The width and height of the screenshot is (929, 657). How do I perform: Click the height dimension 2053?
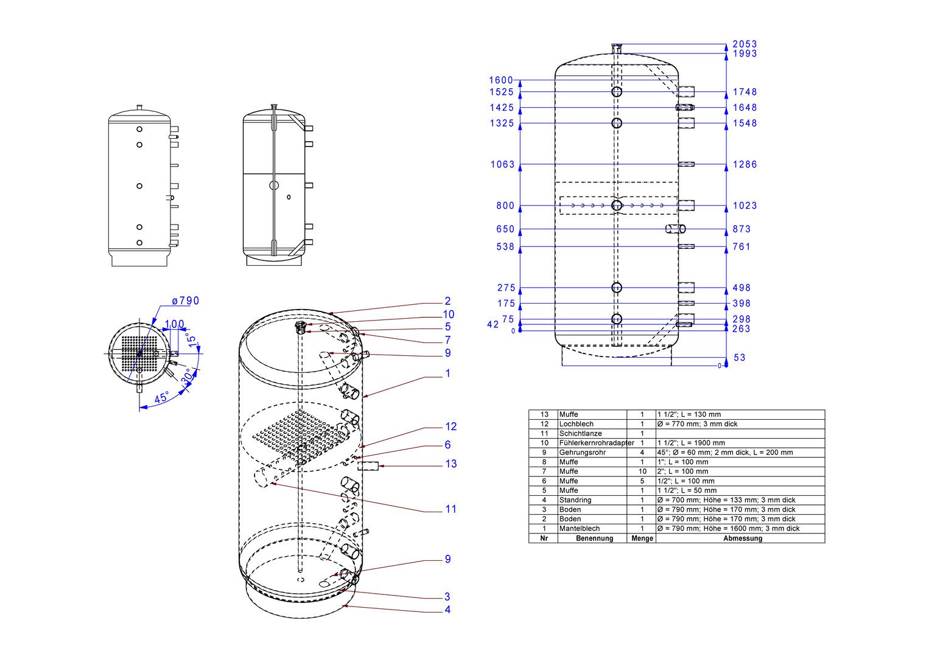[x=745, y=44]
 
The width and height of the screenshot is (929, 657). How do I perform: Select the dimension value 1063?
[x=502, y=165]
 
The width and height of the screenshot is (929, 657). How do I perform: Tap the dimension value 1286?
[x=745, y=165]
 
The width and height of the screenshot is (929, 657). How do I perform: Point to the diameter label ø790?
[x=186, y=301]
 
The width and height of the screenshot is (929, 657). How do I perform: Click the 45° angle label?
[x=162, y=397]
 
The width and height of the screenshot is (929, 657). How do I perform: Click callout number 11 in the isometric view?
[x=451, y=509]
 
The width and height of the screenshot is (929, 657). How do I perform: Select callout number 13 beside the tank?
[x=451, y=464]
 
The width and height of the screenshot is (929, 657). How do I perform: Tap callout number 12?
[x=451, y=426]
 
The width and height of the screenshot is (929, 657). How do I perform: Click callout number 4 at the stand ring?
[x=447, y=610]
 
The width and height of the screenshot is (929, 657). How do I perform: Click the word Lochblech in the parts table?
[x=576, y=423]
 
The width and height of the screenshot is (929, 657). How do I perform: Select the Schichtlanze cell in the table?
[x=580, y=433]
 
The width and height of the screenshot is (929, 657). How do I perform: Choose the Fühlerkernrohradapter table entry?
[x=597, y=443]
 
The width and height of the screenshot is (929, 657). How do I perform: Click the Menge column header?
[x=642, y=538]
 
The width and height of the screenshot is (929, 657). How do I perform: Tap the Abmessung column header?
[x=742, y=538]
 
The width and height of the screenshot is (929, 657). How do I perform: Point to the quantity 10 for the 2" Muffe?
[x=642, y=471]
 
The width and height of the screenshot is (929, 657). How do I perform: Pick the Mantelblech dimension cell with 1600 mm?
[x=728, y=529]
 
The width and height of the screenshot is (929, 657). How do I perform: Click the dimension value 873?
[x=741, y=229]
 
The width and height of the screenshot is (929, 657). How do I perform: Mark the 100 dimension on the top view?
[x=174, y=324]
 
